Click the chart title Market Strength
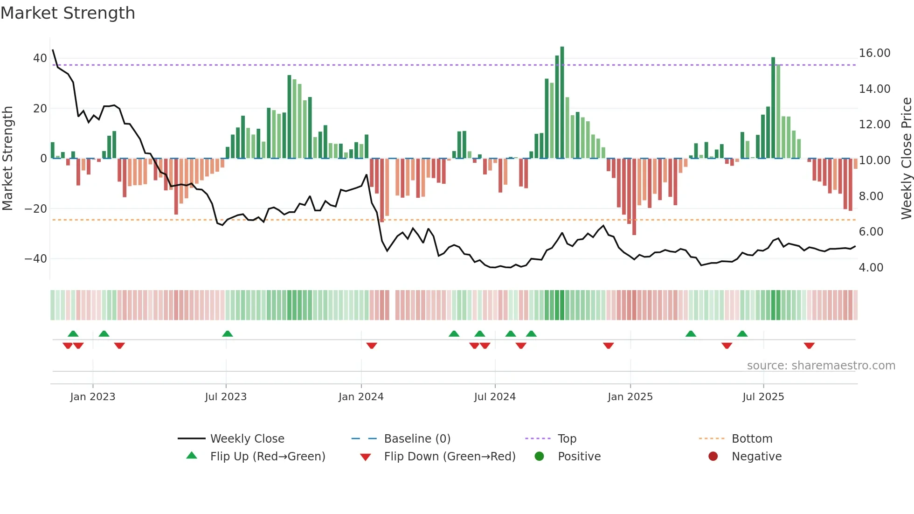[x=68, y=13]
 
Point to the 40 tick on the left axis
[x=40, y=58]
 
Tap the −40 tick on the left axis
[x=35, y=258]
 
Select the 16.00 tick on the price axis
[x=874, y=53]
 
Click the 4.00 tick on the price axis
[x=871, y=268]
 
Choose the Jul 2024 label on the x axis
[x=495, y=397]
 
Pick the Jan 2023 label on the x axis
[x=92, y=397]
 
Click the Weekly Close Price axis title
[x=906, y=159]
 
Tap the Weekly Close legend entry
[x=247, y=439]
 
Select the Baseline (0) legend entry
[x=417, y=439]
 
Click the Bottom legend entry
[x=752, y=439]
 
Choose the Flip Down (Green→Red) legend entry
[x=449, y=457]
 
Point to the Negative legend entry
[x=756, y=457]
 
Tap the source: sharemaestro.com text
[x=821, y=366]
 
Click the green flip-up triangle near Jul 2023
[x=228, y=334]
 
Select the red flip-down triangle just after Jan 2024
[x=372, y=346]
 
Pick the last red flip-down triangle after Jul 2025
[x=809, y=346]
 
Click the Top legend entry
[x=567, y=439]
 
